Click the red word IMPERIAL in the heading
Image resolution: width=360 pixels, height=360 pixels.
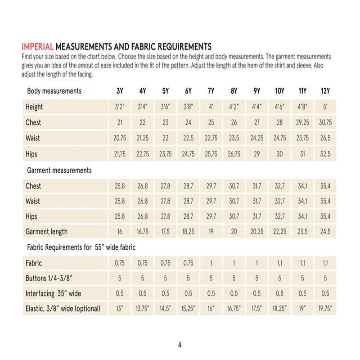point(38,46)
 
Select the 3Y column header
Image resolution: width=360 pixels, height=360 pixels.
point(120,91)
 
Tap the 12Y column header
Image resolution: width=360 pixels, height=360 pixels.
point(325,91)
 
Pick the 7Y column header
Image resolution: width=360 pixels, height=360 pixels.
point(211,91)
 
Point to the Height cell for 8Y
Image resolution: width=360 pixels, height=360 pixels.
point(234,107)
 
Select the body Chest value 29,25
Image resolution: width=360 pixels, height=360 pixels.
point(302,122)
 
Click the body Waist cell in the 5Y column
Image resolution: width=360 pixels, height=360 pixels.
point(165,138)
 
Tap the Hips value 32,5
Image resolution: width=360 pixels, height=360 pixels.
point(325,154)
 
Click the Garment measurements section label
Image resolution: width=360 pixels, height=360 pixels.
point(59,171)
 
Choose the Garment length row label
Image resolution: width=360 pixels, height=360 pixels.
point(47,232)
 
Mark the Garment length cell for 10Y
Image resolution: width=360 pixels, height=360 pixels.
point(279,232)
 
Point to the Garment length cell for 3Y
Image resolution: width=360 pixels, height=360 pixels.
point(120,232)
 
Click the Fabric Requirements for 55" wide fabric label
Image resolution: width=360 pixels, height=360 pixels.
point(81,247)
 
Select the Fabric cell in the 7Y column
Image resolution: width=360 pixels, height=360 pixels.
point(211,263)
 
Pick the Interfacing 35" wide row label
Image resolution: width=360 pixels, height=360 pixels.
point(54,294)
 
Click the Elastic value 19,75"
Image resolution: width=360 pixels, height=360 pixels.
point(325,309)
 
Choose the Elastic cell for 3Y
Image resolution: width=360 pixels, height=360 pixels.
point(120,309)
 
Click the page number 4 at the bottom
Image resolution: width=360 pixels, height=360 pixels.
point(180,345)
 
